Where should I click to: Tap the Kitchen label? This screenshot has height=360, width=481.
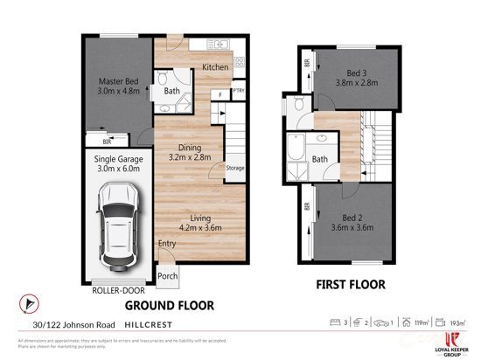click(x=215, y=67)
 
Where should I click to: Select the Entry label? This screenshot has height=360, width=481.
click(x=166, y=244)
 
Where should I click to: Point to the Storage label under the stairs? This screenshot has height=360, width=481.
click(x=234, y=168)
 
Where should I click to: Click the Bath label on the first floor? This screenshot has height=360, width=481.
click(x=320, y=159)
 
